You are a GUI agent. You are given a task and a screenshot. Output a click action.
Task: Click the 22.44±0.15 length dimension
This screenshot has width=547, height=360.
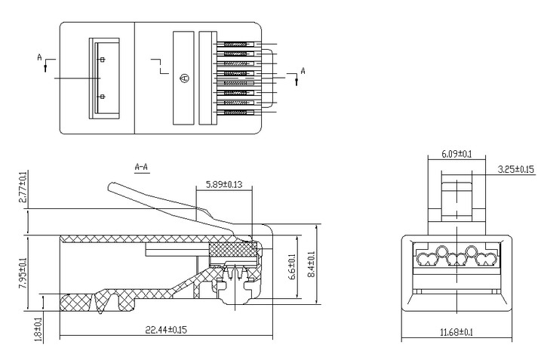pyautogui.click(x=165, y=328)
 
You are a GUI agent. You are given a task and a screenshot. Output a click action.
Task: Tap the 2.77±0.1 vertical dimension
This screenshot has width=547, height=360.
pyautogui.click(x=23, y=189)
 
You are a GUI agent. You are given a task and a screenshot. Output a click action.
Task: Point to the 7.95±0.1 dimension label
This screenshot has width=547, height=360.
pyautogui.click(x=23, y=272)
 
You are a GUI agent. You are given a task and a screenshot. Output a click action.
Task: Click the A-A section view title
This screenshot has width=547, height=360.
pyautogui.click(x=141, y=165)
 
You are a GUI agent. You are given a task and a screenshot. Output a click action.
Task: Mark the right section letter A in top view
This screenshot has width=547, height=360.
pyautogui.click(x=303, y=71)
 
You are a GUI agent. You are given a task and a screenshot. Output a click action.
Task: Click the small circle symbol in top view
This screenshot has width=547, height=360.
pyautogui.click(x=186, y=78)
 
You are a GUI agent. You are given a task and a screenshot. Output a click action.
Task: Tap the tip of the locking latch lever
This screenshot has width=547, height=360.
pyautogui.click(x=112, y=185)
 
